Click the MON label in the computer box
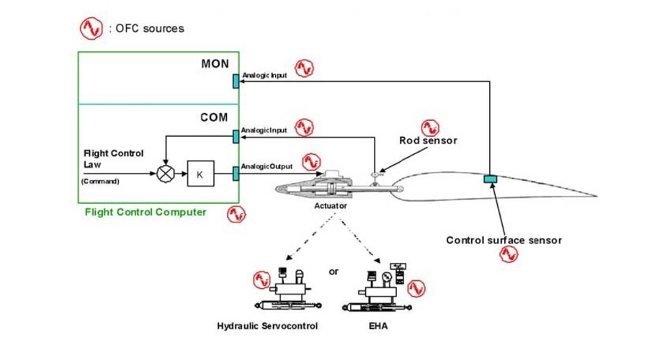tap(215, 64)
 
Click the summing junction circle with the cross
tap(166, 174)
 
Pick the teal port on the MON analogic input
tap(236, 80)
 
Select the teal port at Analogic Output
tap(236, 173)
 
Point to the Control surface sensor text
tap(504, 240)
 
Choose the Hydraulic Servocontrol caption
tap(268, 326)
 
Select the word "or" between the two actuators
tap(333, 271)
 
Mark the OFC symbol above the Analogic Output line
tap(311, 160)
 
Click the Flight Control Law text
tap(114, 158)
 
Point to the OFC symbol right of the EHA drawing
tap(416, 288)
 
